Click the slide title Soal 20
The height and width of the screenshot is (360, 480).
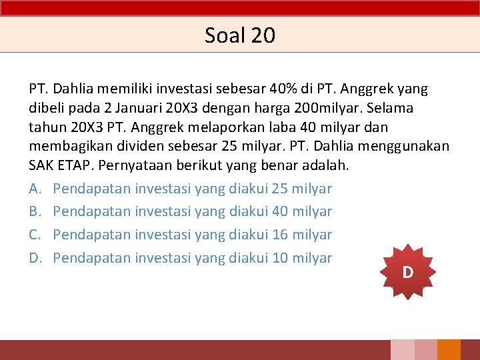pos(239,35)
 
